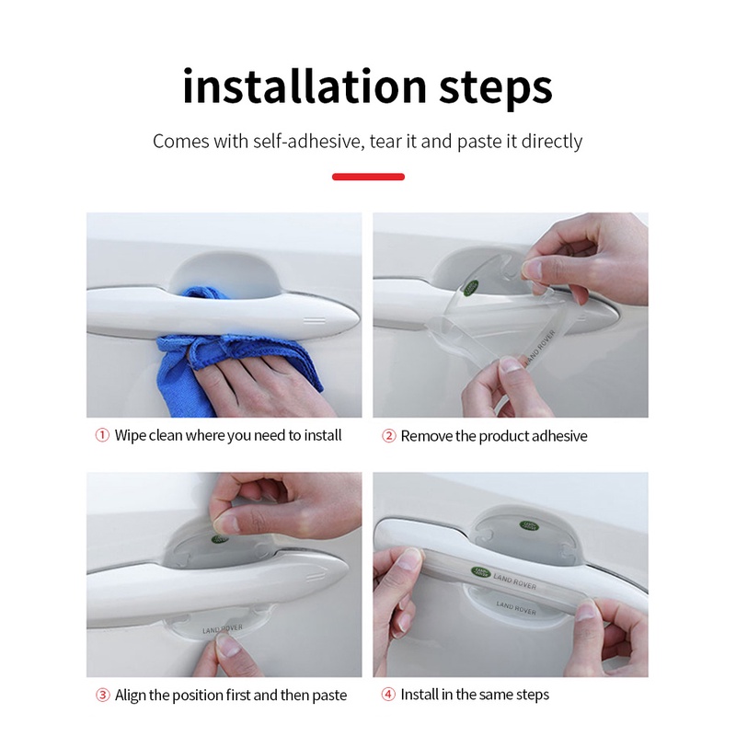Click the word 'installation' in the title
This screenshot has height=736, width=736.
(305, 86)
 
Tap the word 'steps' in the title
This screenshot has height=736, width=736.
(496, 89)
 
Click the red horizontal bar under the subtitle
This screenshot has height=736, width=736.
(368, 177)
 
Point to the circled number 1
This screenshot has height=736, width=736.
(102, 435)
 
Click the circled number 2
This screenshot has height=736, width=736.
(388, 436)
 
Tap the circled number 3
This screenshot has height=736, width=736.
(103, 695)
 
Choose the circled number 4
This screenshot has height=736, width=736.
(388, 695)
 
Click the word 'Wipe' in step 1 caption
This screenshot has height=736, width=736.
(130, 435)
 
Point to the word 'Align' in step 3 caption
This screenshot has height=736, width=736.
(130, 696)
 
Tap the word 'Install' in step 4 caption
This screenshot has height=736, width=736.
(420, 695)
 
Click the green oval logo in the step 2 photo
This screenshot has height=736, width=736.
(471, 288)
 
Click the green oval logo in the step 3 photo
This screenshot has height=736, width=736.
(220, 539)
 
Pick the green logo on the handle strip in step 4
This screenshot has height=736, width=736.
(480, 572)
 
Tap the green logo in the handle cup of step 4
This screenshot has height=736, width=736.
(530, 526)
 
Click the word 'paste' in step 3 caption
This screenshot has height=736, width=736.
(328, 696)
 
